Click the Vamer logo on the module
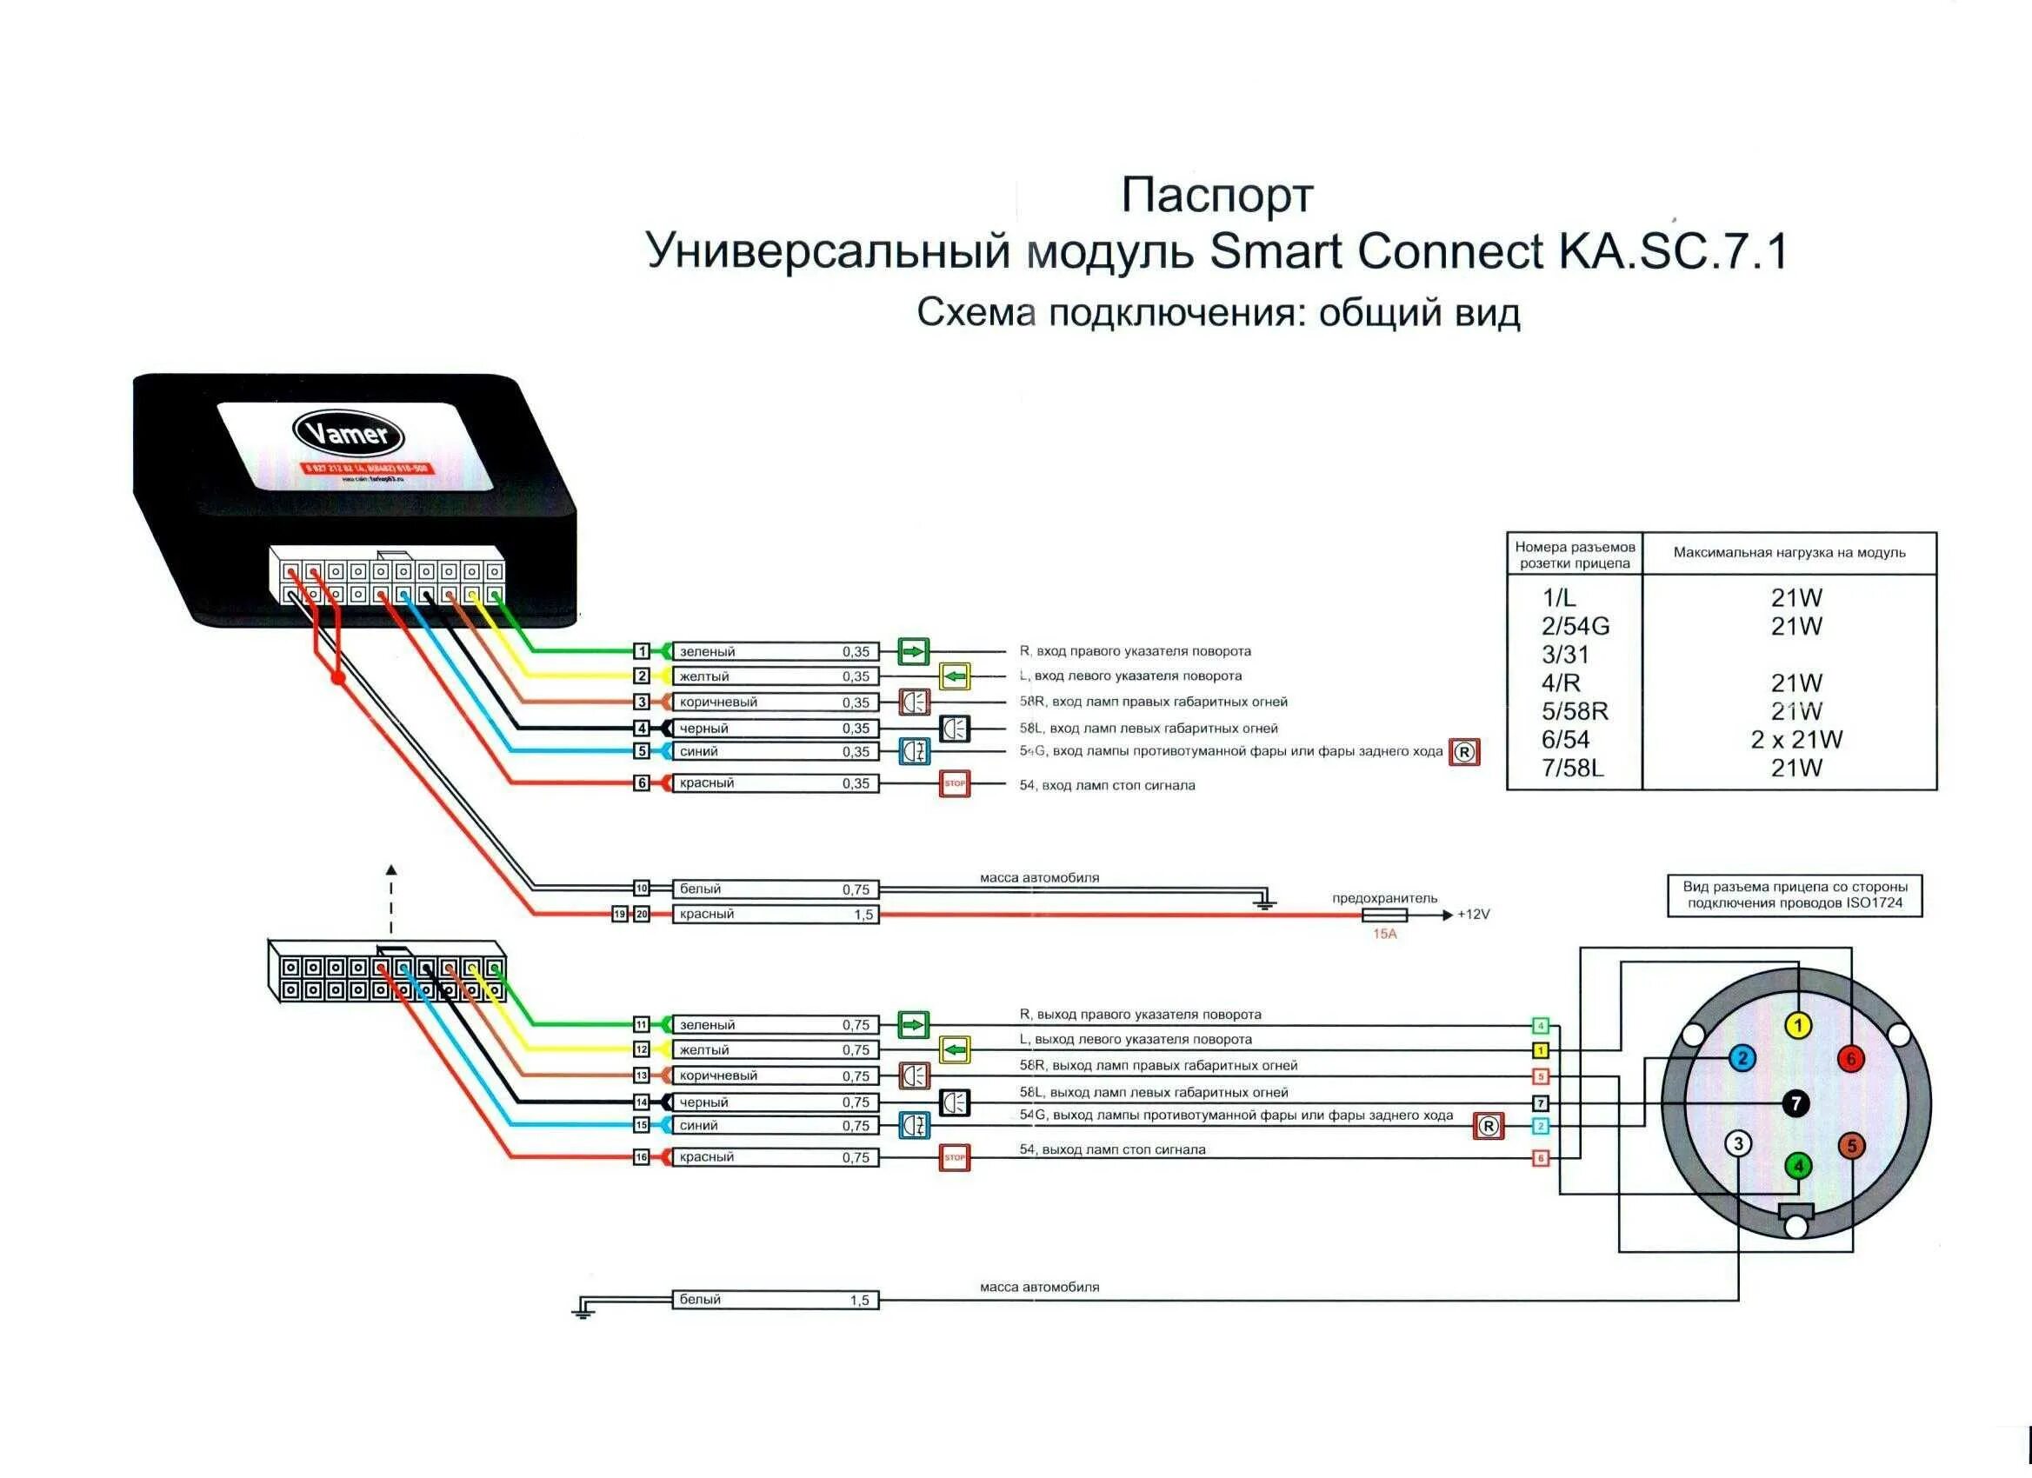pos(348,435)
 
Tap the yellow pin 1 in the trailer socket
pos(1797,1027)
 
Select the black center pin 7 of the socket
pos(1795,1103)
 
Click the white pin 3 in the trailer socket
pos(1738,1144)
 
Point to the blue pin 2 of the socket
pos(1742,1059)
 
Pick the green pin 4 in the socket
pos(1797,1166)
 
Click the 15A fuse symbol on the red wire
pos(1384,915)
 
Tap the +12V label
pos(1473,915)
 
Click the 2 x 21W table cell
pos(1796,740)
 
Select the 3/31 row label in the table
pos(1565,655)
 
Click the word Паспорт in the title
pos(1216,196)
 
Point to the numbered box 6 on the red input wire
pos(642,782)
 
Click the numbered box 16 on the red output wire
pos(642,1157)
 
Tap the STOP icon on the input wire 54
pos(955,784)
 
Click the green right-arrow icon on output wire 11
pos(913,1025)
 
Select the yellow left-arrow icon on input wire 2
pos(955,676)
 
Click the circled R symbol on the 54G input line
pos(1464,752)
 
